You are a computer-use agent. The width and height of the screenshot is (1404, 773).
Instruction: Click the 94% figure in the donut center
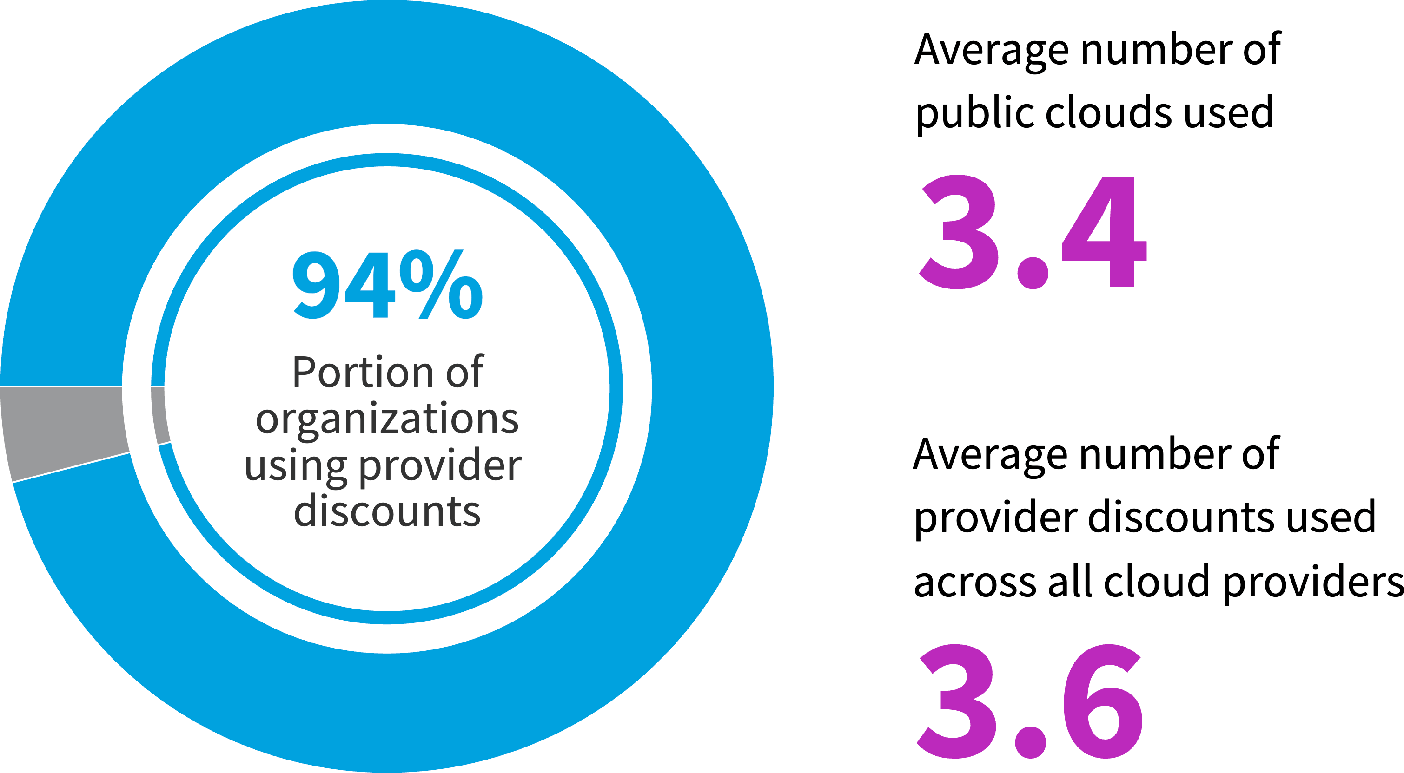coord(387,284)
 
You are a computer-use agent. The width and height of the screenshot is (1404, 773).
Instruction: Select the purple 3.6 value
coord(1030,701)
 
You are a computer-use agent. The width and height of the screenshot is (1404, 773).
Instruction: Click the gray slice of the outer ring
coord(63,430)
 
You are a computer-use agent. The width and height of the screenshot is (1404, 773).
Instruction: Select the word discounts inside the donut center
coord(387,512)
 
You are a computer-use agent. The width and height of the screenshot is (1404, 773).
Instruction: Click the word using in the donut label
coord(295,466)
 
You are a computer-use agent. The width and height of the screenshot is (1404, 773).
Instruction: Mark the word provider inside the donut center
coord(440,467)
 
